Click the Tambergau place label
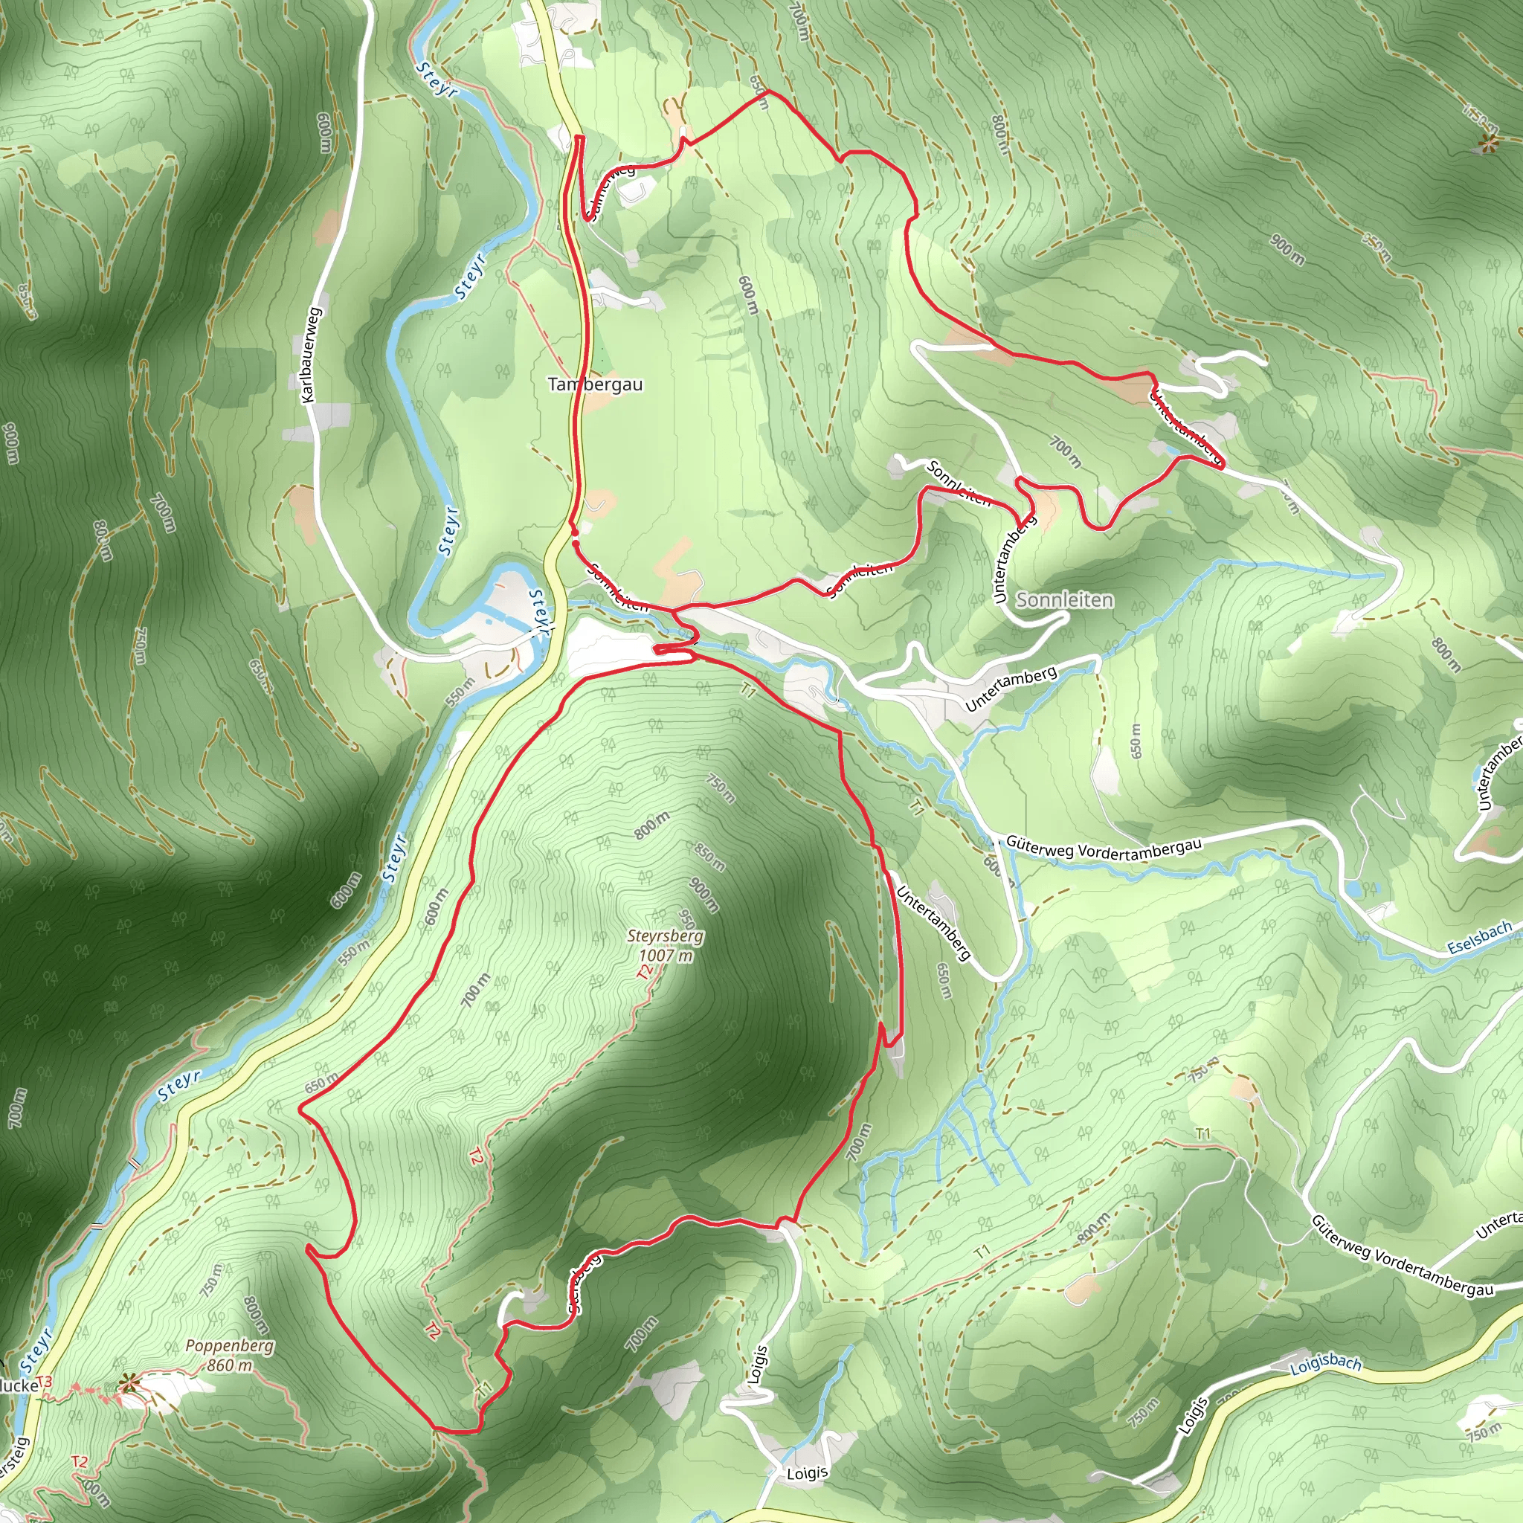click(x=595, y=384)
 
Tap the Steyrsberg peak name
click(x=666, y=936)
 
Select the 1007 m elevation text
click(x=666, y=956)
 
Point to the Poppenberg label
click(x=229, y=1345)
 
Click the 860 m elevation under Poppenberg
click(x=229, y=1365)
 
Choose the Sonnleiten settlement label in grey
click(x=1064, y=600)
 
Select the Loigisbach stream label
click(x=1325, y=1365)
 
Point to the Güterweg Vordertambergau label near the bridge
click(x=1104, y=848)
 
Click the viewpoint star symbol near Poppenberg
click(x=129, y=1382)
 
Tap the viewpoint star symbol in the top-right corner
click(x=1487, y=144)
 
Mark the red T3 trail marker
click(x=44, y=1381)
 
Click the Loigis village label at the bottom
click(x=807, y=1472)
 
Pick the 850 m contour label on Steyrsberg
click(x=709, y=857)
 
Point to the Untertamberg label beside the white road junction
click(x=1011, y=688)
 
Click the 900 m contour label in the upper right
click(x=1287, y=249)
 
